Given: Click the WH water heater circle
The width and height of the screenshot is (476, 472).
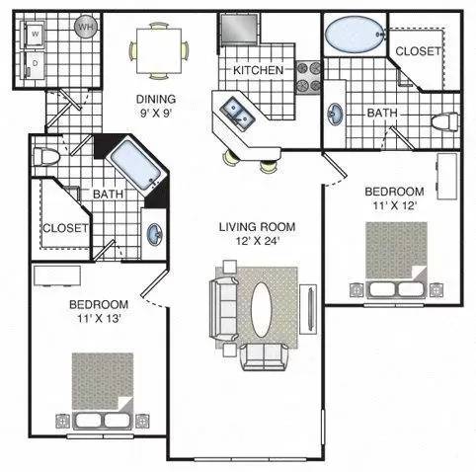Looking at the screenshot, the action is pos(86,27).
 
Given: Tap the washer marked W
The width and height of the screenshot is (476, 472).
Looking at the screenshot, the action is pos(34,34).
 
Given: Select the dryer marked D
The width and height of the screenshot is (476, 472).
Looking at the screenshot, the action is pos(34,65).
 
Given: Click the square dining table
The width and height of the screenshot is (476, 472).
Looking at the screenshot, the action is pos(159,51).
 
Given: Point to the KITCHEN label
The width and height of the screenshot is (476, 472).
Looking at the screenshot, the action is pos(258,70).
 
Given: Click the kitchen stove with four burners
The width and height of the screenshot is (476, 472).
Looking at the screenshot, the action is pos(308,77).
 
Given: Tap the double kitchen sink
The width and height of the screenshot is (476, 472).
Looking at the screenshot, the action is pos(237,112).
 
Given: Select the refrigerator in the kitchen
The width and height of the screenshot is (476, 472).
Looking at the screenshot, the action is pos(239,29).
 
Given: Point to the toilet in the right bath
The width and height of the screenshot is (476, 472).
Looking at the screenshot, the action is pos(444,121).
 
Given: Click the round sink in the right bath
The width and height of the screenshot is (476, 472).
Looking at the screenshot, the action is pos(335,115).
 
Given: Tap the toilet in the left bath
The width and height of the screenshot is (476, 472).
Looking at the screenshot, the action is pos(46,157).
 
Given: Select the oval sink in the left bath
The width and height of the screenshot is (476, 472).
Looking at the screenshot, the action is pos(154,234).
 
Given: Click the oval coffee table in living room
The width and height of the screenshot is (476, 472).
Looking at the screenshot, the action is pos(261,309).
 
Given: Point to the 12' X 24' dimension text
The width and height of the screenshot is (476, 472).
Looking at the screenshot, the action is pos(258,241).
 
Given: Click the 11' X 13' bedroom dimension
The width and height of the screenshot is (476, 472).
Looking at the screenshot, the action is pos(100,319).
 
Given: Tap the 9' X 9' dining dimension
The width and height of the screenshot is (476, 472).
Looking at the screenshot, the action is pos(156,114).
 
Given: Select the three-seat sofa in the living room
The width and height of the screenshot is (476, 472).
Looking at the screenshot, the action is pos(223,309).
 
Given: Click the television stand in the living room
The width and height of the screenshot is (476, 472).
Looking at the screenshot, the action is pos(308,309).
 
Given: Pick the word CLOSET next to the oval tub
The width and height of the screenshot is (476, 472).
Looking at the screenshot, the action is pos(418,51).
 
